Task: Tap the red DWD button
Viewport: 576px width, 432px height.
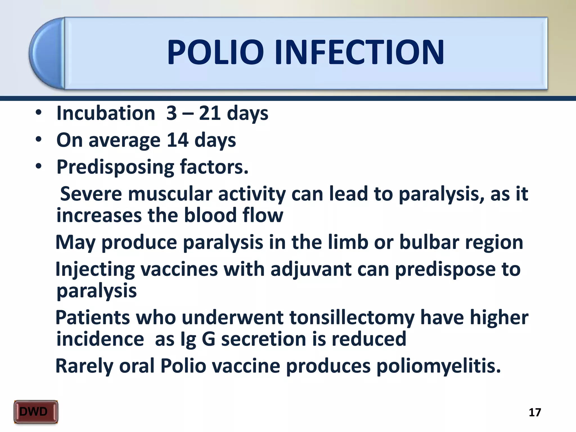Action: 36,412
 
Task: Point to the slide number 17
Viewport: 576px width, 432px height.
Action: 535,412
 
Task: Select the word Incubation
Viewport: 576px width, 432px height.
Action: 106,113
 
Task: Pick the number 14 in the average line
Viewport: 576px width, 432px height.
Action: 177,140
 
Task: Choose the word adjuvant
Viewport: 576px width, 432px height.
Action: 311,269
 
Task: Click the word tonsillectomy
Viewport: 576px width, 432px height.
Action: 352,318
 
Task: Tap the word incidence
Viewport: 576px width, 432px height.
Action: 100,339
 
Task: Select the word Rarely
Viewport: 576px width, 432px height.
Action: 84,366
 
